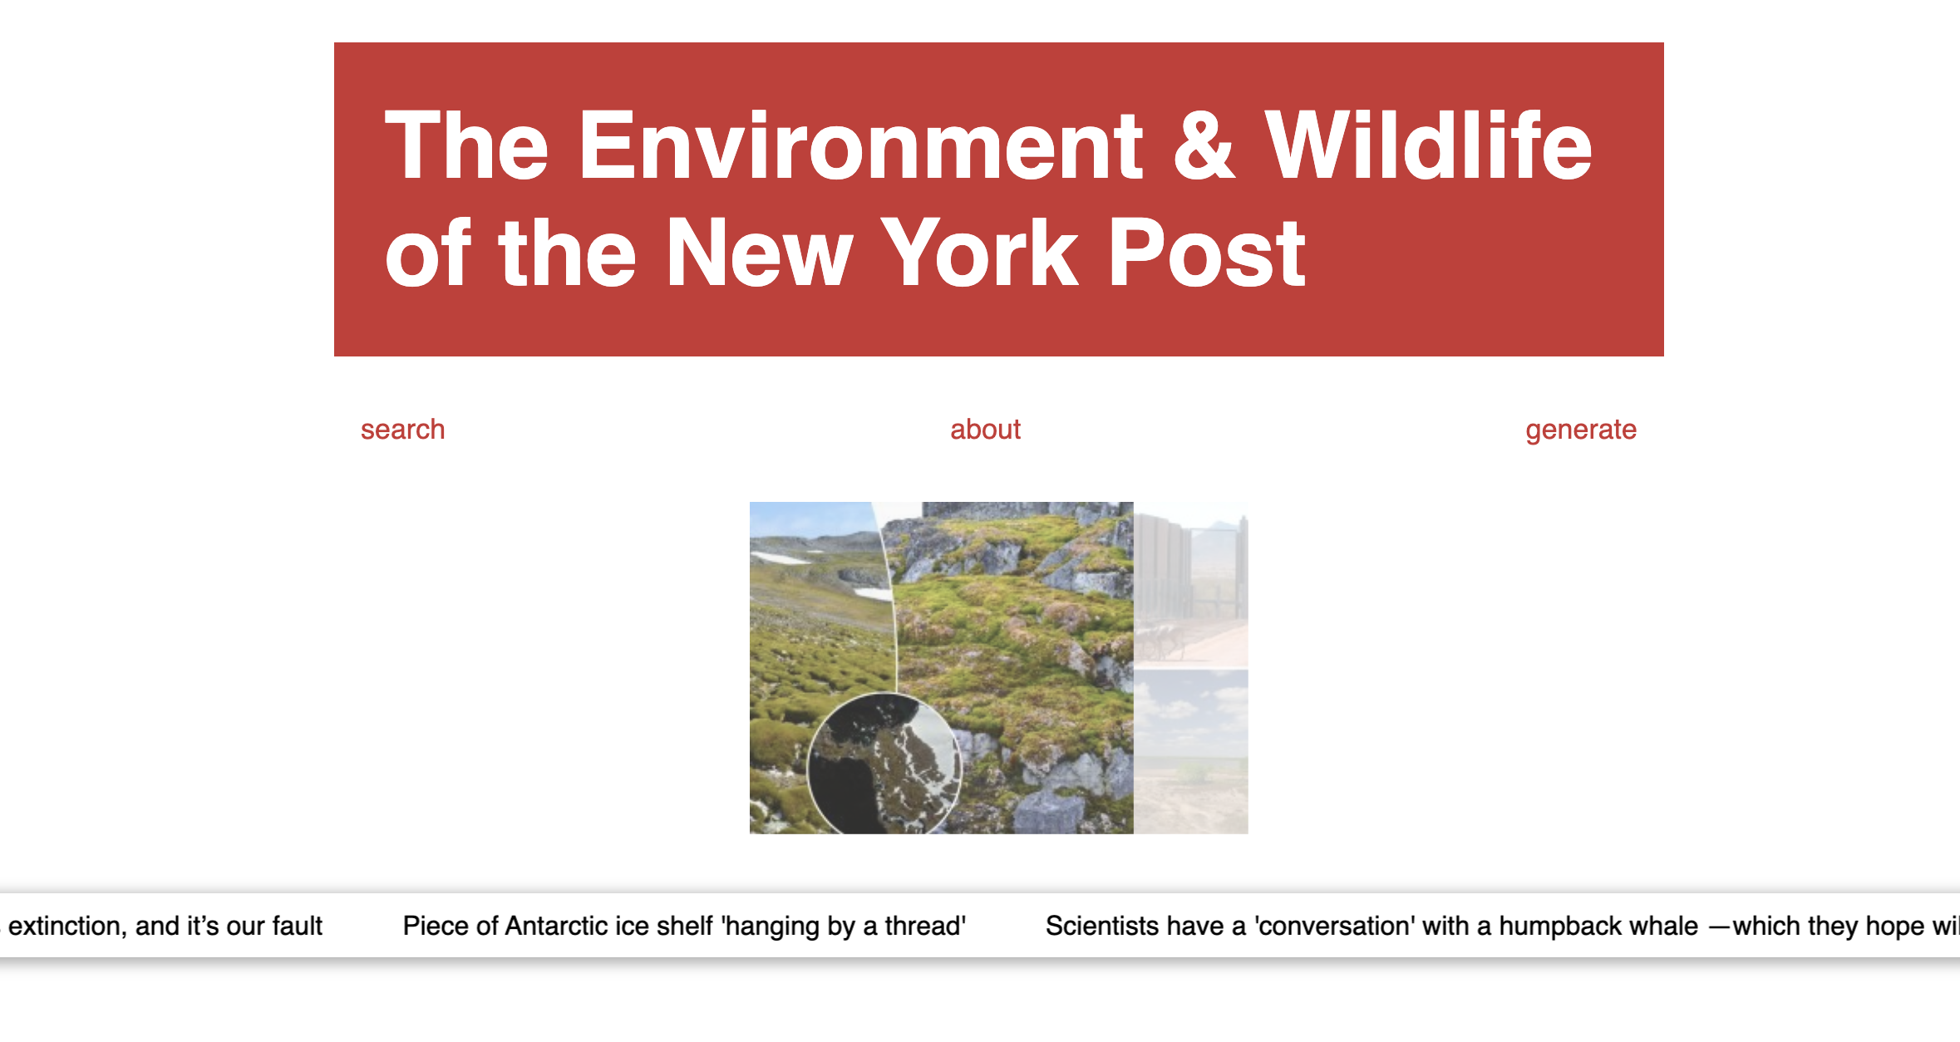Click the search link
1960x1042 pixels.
[x=402, y=430]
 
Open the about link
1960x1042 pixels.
[x=985, y=430]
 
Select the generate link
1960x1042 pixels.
[x=1580, y=430]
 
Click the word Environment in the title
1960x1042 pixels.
[x=860, y=147]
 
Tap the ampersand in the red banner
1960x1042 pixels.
[x=1204, y=147]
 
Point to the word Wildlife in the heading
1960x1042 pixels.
[x=1428, y=147]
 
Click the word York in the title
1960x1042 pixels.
[x=979, y=253]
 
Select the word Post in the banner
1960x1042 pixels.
[x=1206, y=253]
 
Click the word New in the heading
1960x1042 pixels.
[x=759, y=253]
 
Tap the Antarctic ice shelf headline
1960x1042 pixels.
[x=683, y=926]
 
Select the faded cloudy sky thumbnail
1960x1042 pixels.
[x=1190, y=751]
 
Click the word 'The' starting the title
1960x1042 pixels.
[x=466, y=147]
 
